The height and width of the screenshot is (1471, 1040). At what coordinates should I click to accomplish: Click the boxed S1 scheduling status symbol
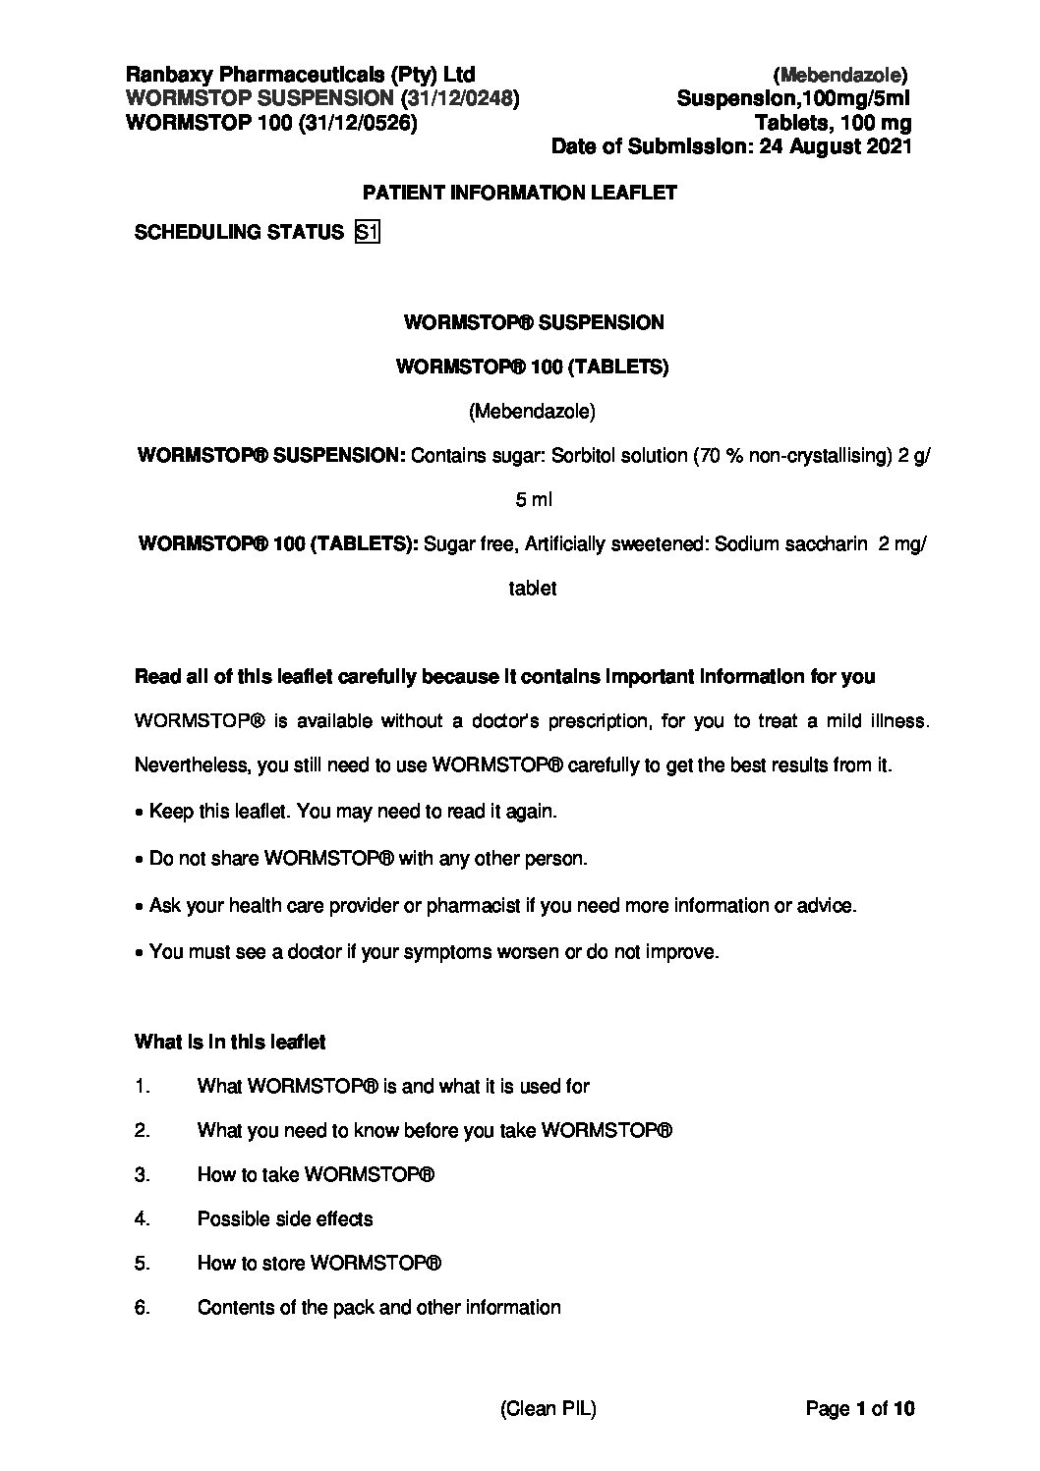pyautogui.click(x=367, y=233)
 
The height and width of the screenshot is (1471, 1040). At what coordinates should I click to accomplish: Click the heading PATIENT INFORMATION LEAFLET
pyautogui.click(x=520, y=193)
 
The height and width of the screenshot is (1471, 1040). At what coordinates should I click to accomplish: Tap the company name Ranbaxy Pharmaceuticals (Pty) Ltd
pyautogui.click(x=301, y=75)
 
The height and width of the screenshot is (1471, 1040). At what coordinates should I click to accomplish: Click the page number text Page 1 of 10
pyautogui.click(x=860, y=1409)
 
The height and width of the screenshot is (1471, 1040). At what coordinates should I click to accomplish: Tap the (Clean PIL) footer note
pyautogui.click(x=549, y=1409)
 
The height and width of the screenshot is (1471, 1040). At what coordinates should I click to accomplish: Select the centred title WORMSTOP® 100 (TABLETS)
pyautogui.click(x=532, y=367)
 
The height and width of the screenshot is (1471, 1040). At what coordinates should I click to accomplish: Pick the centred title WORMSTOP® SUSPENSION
pyautogui.click(x=534, y=322)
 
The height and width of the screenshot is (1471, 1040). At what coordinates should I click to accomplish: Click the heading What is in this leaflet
pyautogui.click(x=230, y=1042)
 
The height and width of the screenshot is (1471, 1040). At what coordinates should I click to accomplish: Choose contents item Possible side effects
pyautogui.click(x=285, y=1219)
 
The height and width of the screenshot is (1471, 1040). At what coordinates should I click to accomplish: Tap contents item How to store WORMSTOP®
pyautogui.click(x=319, y=1264)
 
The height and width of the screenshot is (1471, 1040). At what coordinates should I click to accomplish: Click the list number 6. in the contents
pyautogui.click(x=142, y=1308)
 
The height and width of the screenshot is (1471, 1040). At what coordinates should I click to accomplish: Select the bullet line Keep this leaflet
pyautogui.click(x=352, y=812)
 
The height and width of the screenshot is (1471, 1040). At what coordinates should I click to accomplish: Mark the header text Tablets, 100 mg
pyautogui.click(x=833, y=123)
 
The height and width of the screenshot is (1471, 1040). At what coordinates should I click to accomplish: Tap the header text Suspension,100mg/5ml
pyautogui.click(x=794, y=98)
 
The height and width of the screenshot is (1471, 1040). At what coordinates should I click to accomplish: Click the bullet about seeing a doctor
pyautogui.click(x=433, y=952)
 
